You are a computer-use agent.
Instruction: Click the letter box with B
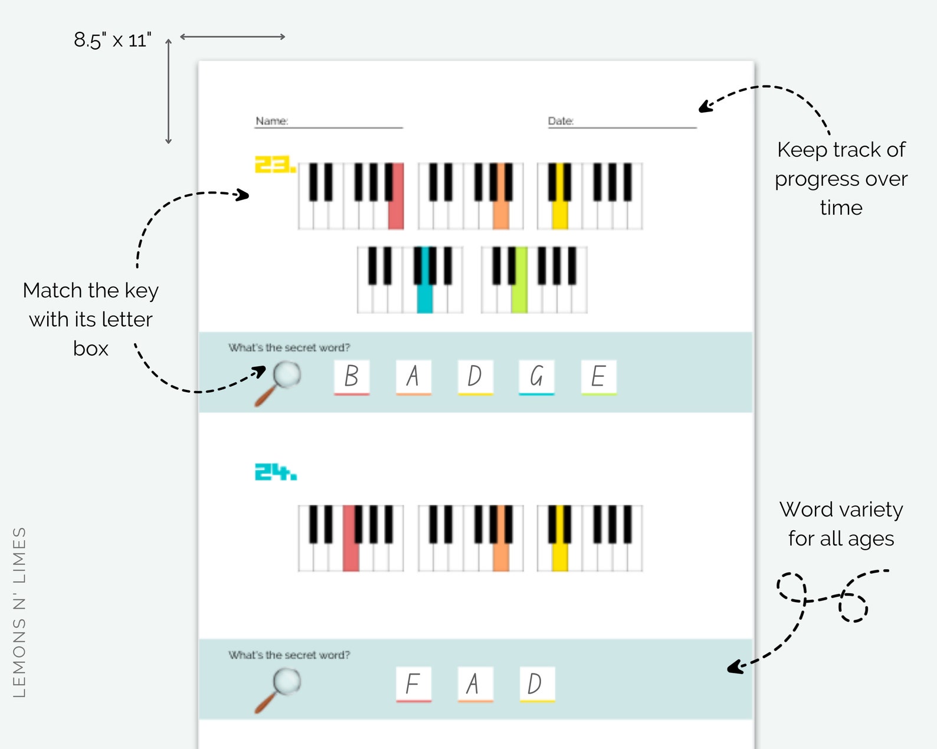(x=352, y=377)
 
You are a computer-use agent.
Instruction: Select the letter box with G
(x=536, y=377)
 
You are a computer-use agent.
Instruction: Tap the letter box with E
(x=598, y=377)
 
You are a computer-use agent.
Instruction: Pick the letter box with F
(x=413, y=684)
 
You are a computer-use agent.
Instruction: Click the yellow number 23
(x=274, y=165)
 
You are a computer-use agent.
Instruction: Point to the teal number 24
(x=275, y=472)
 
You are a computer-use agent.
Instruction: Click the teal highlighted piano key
(x=424, y=295)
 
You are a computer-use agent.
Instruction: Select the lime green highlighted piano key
(x=519, y=295)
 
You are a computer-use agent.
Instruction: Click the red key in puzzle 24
(x=350, y=554)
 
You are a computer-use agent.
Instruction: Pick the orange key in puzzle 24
(x=501, y=554)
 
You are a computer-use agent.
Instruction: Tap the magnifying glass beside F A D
(x=279, y=689)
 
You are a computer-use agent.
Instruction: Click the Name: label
(x=271, y=121)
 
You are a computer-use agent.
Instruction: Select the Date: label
(x=561, y=121)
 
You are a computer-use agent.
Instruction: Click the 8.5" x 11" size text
(x=113, y=40)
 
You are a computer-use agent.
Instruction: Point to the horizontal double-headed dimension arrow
(x=232, y=37)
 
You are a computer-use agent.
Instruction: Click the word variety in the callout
(x=870, y=510)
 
